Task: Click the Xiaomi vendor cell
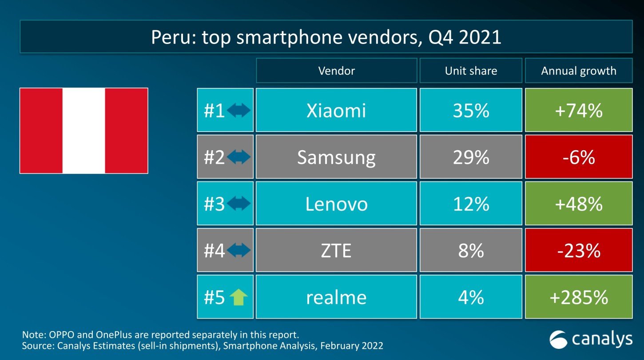point(336,110)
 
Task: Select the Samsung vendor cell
point(336,157)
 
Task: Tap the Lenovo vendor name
point(336,204)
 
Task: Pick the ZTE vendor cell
point(336,251)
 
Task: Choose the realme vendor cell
point(336,297)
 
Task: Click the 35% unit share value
point(471,110)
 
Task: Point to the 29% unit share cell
point(471,157)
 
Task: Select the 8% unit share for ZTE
point(471,251)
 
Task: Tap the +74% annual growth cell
point(579,110)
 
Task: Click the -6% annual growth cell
point(579,157)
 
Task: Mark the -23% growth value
point(579,251)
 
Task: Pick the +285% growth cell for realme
point(579,297)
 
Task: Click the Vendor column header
point(336,71)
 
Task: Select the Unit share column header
point(471,71)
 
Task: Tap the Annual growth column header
point(579,71)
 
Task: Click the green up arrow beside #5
point(239,298)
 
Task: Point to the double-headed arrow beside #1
point(239,111)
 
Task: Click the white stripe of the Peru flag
point(83,130)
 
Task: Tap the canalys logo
point(591,340)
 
